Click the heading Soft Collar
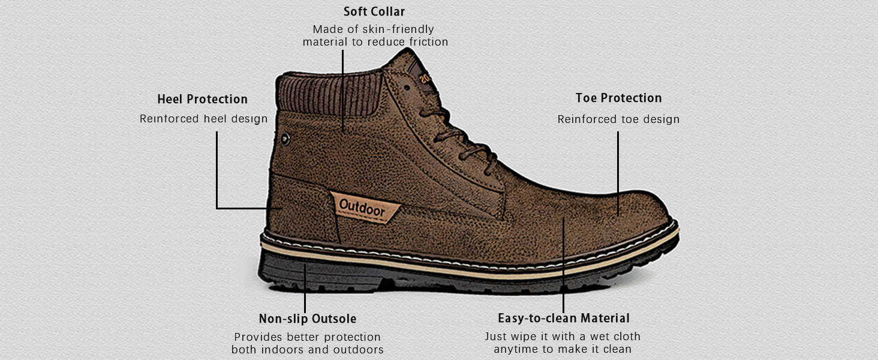click(374, 12)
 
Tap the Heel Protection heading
click(202, 99)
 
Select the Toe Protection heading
click(618, 98)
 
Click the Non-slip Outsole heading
click(307, 319)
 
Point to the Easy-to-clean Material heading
click(564, 318)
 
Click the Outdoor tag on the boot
click(365, 208)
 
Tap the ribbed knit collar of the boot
click(329, 94)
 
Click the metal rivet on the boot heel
click(285, 139)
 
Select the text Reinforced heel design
click(203, 119)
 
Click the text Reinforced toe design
click(618, 119)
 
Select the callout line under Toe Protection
click(618, 174)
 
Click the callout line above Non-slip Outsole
click(305, 288)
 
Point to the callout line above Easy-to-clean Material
click(563, 265)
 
